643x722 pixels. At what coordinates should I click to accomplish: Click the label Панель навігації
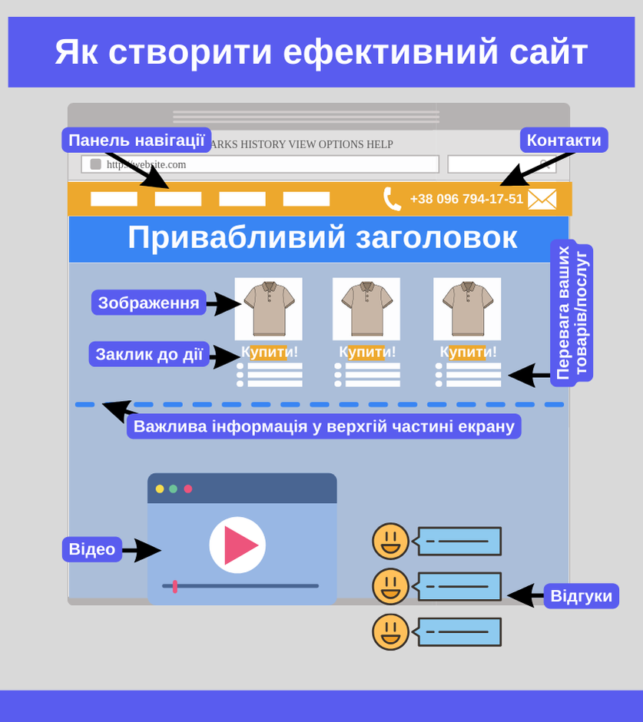point(136,140)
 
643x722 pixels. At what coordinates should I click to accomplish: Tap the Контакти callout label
point(563,140)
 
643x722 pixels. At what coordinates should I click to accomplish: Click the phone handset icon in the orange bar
point(392,199)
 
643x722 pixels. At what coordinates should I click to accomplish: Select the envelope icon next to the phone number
point(542,199)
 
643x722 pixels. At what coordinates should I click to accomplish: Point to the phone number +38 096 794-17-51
point(466,199)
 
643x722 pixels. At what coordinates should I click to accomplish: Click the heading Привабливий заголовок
point(322,237)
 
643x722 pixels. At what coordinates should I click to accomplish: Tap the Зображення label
point(148,303)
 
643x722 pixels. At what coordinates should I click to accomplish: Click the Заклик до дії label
point(149,354)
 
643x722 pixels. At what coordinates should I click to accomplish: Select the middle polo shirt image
point(366,308)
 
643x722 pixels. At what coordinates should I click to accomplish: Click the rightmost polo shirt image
point(467,308)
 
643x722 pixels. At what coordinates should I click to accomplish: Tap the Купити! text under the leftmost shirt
point(269,352)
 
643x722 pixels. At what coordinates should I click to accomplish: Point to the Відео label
point(91,549)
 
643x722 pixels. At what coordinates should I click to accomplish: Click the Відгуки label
point(581,596)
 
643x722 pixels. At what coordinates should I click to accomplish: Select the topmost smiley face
point(390,541)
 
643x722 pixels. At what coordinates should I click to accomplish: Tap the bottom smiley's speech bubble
point(459,632)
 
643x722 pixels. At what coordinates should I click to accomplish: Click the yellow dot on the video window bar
point(160,489)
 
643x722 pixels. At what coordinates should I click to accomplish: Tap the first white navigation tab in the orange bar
point(114,199)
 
